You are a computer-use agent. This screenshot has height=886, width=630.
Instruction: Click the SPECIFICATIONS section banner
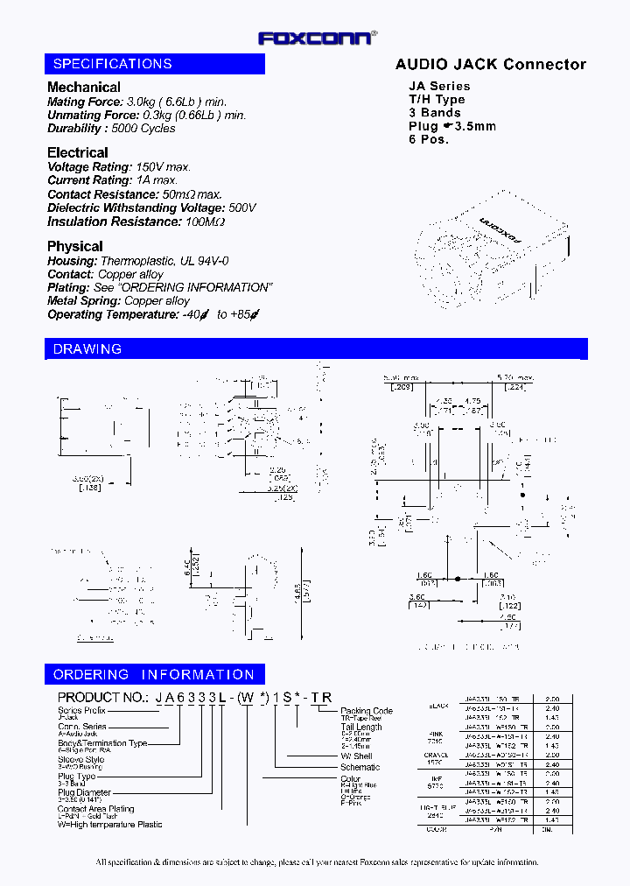(x=113, y=64)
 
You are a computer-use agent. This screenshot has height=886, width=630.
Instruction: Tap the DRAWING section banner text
(x=87, y=349)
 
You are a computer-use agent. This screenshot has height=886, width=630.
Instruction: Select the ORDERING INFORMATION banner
(x=154, y=675)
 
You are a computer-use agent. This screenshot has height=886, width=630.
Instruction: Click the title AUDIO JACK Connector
(x=490, y=64)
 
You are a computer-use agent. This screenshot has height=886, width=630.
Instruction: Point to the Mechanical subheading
(x=84, y=88)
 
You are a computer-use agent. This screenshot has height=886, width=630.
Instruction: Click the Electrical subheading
(x=78, y=152)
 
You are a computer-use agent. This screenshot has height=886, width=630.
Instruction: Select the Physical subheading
(x=75, y=246)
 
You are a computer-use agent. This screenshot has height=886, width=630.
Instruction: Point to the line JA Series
(x=439, y=86)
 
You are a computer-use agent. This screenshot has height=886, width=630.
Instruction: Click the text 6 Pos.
(x=429, y=139)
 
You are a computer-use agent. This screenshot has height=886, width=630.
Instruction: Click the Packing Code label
(x=367, y=711)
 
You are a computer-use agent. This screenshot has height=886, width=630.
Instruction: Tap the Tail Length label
(x=361, y=727)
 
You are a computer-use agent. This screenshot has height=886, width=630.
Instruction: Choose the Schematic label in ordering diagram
(x=360, y=767)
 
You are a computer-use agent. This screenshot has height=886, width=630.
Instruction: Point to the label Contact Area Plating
(x=96, y=809)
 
